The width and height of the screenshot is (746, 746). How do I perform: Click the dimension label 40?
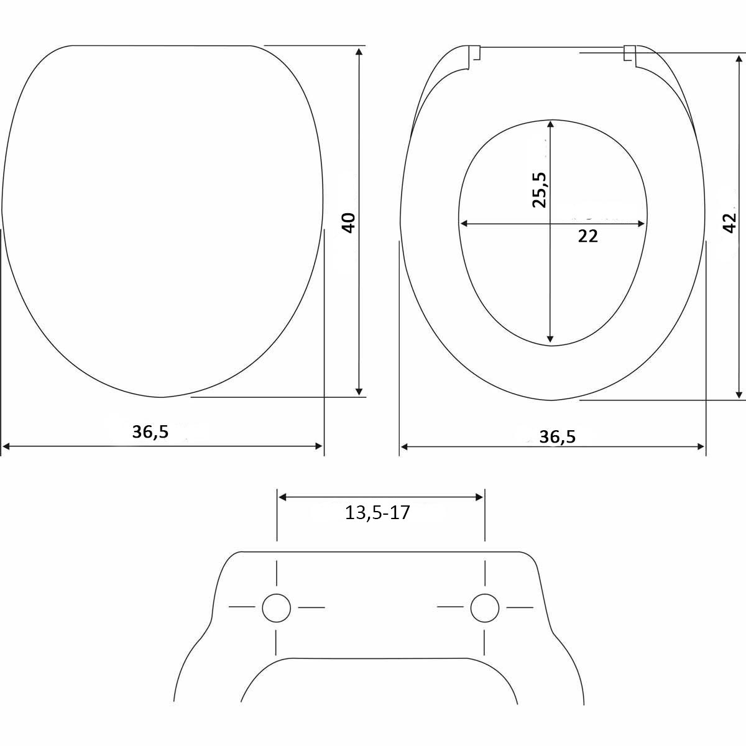point(349,223)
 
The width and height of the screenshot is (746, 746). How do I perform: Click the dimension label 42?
point(730,223)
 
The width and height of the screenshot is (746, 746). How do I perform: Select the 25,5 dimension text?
point(538,190)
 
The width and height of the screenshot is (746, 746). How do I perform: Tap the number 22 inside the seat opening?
point(587,236)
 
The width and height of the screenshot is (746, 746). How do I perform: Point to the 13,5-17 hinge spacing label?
point(377,513)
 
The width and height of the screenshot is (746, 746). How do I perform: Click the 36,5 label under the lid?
point(150,432)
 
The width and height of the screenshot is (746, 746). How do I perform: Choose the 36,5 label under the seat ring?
point(558,437)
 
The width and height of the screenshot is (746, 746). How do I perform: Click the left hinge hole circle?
point(277,608)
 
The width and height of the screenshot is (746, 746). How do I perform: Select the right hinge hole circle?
point(485,608)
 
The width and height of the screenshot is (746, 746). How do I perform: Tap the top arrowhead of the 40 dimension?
point(359,52)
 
